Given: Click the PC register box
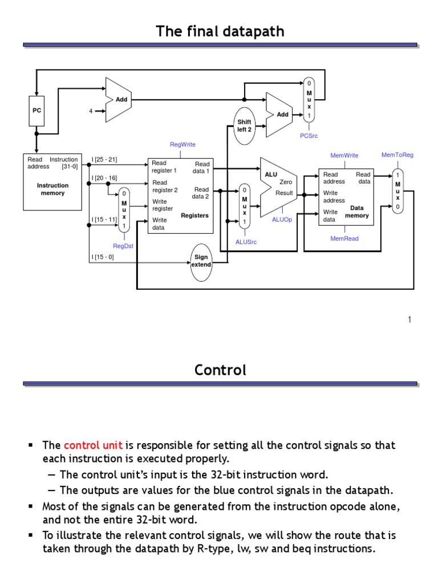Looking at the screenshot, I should tap(36, 111).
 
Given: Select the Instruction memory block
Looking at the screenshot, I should tap(52, 181).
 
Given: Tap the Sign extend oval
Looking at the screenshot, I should tap(202, 261).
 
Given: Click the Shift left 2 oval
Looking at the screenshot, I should tap(244, 125).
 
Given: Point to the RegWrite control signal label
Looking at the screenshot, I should tap(182, 145).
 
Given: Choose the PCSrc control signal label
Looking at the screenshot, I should tap(309, 136).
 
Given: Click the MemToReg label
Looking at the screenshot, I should tap(398, 155).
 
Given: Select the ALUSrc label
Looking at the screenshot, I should tap(246, 242).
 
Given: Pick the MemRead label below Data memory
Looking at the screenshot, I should tap(344, 238).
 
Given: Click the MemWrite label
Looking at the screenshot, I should tap(344, 155).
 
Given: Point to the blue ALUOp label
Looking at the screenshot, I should tap(282, 220).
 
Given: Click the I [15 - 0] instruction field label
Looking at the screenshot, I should tap(103, 257).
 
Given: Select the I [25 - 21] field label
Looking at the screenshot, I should tap(104, 160).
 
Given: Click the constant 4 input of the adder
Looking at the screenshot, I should tap(90, 111).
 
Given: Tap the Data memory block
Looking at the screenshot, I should tap(345, 197).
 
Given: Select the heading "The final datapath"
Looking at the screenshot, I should tap(220, 32).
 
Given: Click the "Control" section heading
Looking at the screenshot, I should tap(220, 370).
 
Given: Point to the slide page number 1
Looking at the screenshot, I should tap(409, 320).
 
